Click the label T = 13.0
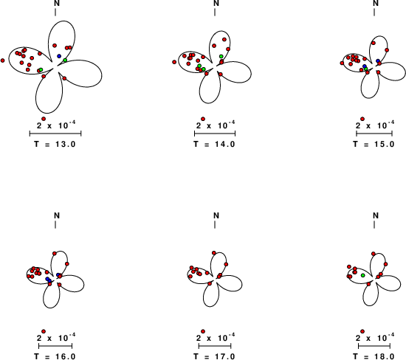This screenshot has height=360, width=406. point(55,144)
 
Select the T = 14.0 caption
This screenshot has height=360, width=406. point(214,144)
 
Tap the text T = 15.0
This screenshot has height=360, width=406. point(374,144)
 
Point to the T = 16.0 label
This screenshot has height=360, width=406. point(55,356)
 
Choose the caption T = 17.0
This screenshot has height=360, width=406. point(214,356)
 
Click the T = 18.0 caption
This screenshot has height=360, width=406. point(374,356)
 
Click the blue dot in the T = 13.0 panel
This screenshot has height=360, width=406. point(59,56)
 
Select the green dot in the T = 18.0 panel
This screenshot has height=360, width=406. point(363,275)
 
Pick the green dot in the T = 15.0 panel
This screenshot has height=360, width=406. point(365,69)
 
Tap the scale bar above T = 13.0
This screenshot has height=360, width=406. point(55,134)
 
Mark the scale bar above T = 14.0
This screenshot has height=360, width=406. point(215,134)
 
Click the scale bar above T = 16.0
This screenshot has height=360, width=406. point(55,346)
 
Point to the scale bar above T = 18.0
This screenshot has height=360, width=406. point(374,346)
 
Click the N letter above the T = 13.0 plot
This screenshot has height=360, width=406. point(57,3)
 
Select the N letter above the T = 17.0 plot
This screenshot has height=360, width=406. point(216,215)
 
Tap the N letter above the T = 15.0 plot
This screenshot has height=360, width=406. point(376,3)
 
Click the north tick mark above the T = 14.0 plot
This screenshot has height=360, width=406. point(215,12)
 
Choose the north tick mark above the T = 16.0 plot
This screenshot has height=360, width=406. point(55,225)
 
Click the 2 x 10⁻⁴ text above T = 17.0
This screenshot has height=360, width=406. point(216,337)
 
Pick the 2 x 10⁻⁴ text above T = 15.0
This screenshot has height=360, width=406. point(375,125)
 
